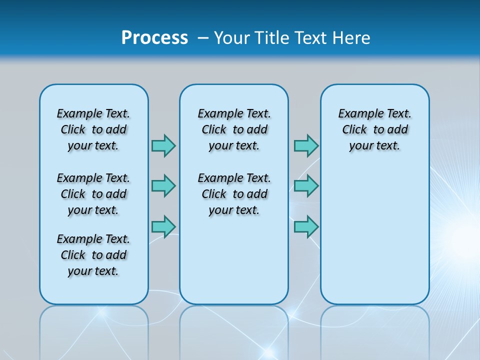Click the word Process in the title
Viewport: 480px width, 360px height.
point(154,38)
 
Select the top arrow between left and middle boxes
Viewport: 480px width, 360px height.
point(163,145)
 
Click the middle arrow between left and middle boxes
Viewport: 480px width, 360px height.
point(163,186)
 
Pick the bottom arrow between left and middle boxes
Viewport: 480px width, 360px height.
point(163,226)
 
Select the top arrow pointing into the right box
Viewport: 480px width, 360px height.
point(306,145)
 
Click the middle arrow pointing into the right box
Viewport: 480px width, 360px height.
point(306,186)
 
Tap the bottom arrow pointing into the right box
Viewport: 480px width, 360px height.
point(306,226)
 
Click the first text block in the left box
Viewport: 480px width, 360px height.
point(93,129)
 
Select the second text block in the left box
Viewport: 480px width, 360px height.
point(93,194)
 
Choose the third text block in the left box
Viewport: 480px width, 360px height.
point(93,255)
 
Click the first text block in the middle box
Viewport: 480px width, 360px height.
point(234,129)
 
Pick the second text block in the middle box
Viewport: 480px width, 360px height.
point(234,194)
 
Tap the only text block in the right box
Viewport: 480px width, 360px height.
point(374,129)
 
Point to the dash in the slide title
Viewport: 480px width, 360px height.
point(203,38)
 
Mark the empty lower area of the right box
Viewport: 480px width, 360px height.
point(374,240)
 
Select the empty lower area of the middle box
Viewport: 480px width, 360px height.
point(234,260)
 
